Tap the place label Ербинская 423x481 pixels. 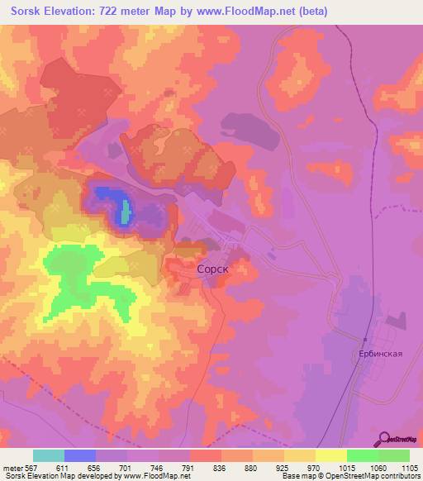click(x=380, y=353)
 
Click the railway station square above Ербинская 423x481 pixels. click(x=364, y=339)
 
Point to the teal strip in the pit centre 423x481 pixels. click(x=126, y=212)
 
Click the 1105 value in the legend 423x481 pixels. click(x=409, y=467)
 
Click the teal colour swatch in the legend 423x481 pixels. click(x=49, y=455)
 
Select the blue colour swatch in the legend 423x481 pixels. click(x=80, y=455)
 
